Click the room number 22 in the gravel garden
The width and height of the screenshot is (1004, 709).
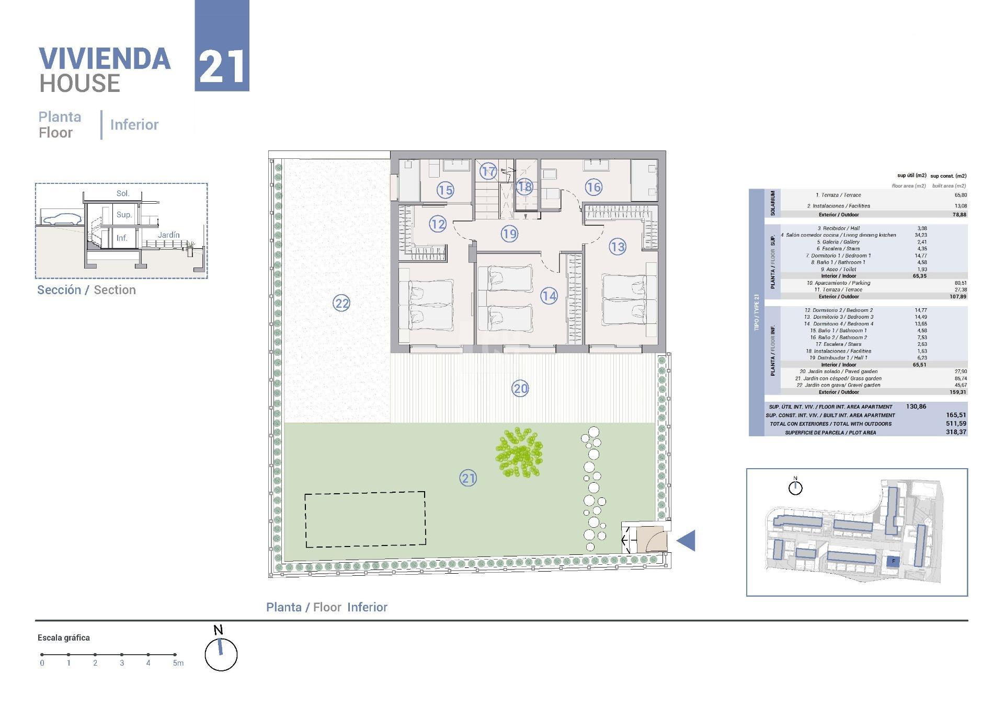[341, 303]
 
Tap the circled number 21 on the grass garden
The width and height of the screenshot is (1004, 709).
[468, 478]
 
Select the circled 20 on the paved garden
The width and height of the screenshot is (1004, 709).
[520, 388]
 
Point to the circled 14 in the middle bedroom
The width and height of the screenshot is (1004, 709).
[549, 296]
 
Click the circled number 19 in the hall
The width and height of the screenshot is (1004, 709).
[509, 234]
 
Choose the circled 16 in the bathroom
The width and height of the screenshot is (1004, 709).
[594, 187]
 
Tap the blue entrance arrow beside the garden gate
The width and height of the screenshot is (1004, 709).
[686, 541]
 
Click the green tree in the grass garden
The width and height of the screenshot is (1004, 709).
[519, 452]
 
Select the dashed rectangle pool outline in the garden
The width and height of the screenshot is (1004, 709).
[365, 519]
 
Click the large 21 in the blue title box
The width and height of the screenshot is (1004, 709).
[222, 67]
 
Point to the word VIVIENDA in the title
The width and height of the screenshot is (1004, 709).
[105, 59]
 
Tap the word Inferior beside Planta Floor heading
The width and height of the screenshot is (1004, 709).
[134, 125]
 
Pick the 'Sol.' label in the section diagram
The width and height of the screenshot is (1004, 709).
[123, 193]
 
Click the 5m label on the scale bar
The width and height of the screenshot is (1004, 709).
[178, 664]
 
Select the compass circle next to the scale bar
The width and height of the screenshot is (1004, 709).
[221, 655]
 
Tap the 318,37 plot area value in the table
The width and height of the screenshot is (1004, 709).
[956, 432]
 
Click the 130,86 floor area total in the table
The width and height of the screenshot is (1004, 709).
[916, 406]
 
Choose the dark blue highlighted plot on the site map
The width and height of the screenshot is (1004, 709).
[893, 562]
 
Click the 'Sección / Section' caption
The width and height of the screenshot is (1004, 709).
[86, 290]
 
